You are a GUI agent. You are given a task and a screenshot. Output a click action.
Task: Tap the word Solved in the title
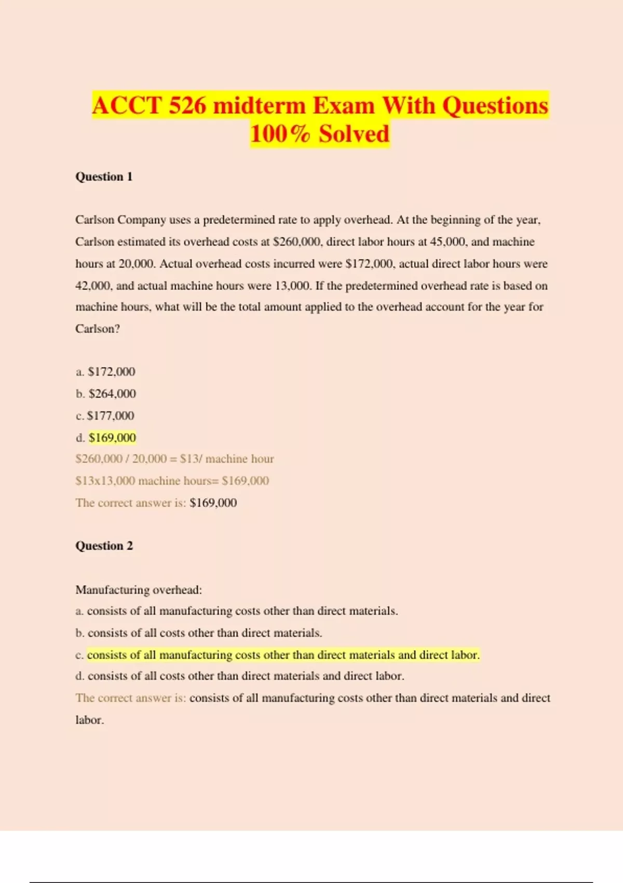click(x=354, y=134)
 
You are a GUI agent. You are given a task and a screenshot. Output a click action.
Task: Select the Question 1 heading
click(x=104, y=177)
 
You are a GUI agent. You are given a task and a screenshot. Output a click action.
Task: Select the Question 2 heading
click(x=104, y=546)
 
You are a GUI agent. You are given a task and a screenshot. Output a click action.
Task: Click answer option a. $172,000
click(x=105, y=372)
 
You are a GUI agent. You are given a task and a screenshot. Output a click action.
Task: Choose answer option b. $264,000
click(x=106, y=394)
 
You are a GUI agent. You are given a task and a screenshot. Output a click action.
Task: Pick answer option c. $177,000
click(x=105, y=416)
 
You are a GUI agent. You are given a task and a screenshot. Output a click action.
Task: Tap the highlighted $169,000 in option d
click(x=112, y=437)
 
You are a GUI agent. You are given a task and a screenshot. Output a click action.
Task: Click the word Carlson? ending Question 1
click(x=98, y=329)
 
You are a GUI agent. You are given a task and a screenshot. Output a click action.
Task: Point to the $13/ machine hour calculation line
click(x=174, y=459)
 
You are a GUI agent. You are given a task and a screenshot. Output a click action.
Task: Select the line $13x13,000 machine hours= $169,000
click(x=172, y=481)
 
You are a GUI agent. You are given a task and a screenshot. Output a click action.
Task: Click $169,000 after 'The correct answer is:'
click(x=213, y=503)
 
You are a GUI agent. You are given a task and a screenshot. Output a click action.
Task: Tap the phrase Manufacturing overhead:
click(x=139, y=590)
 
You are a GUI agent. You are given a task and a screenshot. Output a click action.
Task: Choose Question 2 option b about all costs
click(x=199, y=633)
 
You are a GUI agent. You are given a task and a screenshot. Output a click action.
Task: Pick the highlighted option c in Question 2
click(x=283, y=655)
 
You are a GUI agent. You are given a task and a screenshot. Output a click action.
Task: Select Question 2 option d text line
click(x=240, y=676)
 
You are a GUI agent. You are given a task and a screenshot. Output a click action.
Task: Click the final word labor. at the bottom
click(x=90, y=720)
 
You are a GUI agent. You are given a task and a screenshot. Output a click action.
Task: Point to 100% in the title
click(x=280, y=134)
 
